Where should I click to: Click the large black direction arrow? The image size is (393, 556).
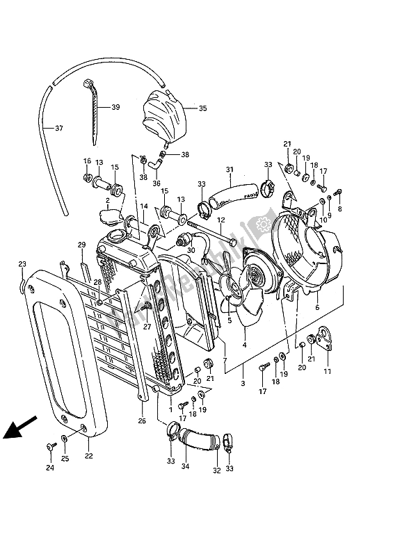pyautogui.click(x=20, y=426)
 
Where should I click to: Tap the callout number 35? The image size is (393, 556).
pyautogui.click(x=203, y=108)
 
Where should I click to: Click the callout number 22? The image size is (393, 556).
pyautogui.click(x=88, y=457)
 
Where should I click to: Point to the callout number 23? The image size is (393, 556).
pyautogui.click(x=22, y=264)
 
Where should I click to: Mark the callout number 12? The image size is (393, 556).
pyautogui.click(x=220, y=222)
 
